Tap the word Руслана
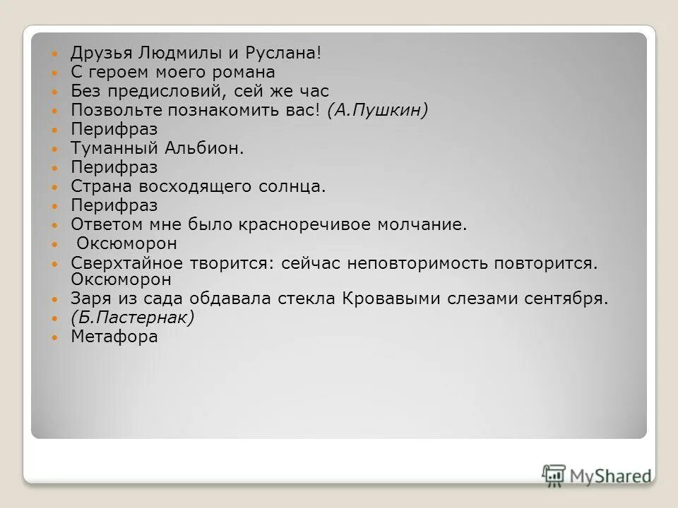click(282, 53)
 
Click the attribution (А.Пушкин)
click(378, 110)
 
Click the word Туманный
click(114, 148)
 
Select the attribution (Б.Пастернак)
click(132, 317)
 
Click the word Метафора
click(114, 336)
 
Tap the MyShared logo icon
click(554, 475)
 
